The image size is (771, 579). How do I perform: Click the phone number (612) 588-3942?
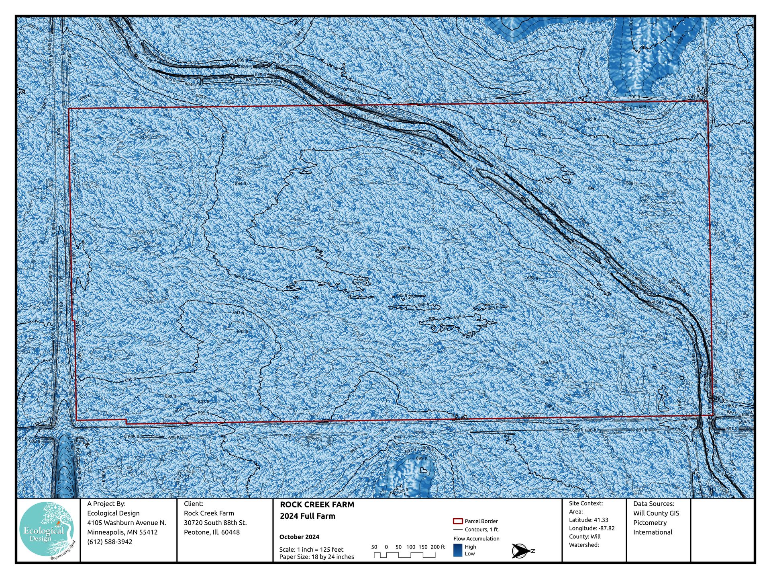[110, 542]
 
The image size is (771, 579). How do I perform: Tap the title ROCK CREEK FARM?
[317, 505]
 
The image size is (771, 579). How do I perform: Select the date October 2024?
[299, 537]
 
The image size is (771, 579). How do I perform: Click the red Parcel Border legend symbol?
[457, 521]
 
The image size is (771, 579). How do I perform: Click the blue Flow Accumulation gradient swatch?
[457, 550]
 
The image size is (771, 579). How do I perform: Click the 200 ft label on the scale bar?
[437, 547]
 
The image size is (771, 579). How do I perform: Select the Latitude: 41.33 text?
[588, 520]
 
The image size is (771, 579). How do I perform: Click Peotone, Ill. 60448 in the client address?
[212, 532]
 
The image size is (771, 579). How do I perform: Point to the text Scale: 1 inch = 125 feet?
[311, 549]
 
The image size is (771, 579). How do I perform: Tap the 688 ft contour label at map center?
[404, 248]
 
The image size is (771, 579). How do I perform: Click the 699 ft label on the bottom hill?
[421, 458]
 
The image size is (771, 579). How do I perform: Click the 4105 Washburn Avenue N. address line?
[126, 523]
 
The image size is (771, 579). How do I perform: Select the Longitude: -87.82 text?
[592, 528]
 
